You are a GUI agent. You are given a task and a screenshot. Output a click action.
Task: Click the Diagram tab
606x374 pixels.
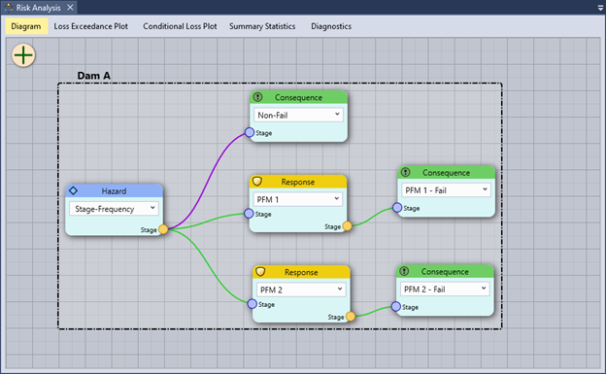(26, 26)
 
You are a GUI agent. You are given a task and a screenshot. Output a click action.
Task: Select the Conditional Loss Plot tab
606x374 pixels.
(181, 26)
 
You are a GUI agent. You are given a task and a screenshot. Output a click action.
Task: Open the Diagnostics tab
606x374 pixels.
(331, 26)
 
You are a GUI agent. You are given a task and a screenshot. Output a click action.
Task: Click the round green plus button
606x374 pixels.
(23, 55)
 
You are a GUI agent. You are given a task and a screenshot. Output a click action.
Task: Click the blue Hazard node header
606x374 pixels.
(115, 190)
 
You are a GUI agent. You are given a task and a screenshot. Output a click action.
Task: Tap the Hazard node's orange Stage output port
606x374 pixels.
(163, 230)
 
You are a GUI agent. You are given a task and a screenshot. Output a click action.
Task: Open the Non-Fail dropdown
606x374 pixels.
(298, 115)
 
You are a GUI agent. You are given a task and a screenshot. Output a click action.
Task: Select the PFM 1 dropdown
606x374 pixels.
(298, 199)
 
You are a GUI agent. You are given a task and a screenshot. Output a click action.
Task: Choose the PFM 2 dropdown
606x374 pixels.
(300, 289)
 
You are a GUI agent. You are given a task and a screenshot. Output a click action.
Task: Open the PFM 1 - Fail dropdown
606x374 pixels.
(446, 190)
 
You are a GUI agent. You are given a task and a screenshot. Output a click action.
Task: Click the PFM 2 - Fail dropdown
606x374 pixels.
(446, 289)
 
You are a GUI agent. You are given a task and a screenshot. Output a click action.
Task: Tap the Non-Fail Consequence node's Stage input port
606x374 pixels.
(250, 132)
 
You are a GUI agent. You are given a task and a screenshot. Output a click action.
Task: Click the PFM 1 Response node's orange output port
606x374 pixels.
(348, 226)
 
